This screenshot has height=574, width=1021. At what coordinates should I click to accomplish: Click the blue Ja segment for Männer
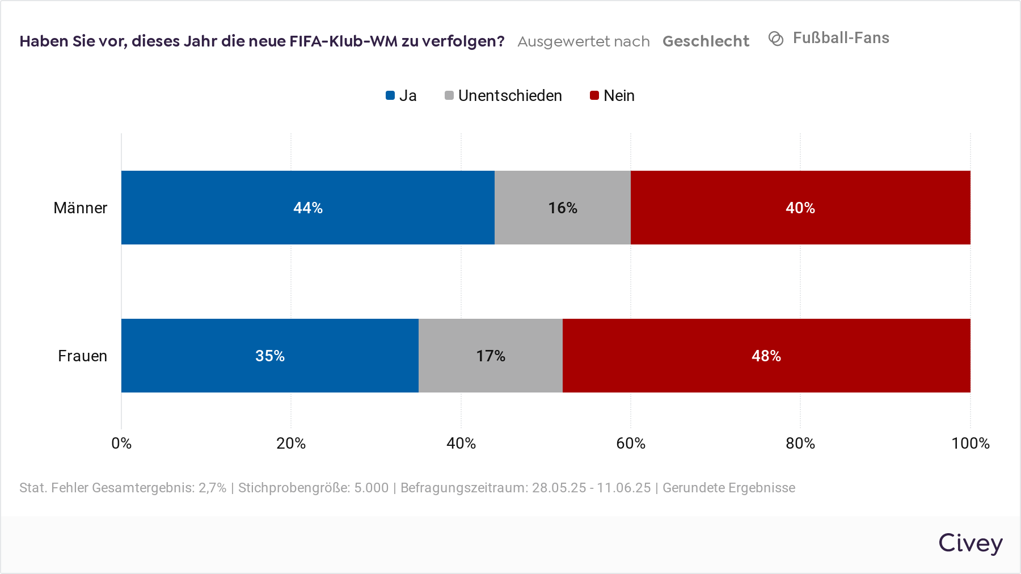(307, 208)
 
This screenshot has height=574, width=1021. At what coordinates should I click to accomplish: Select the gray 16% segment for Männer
(562, 208)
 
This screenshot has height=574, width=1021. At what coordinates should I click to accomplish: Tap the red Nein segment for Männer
(800, 208)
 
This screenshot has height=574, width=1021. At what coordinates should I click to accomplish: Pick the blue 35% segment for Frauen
(269, 356)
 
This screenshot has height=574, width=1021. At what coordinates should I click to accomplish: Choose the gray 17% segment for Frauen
(490, 356)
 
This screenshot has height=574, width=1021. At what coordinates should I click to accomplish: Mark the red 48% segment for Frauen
(766, 356)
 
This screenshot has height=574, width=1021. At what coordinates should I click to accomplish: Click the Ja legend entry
(402, 95)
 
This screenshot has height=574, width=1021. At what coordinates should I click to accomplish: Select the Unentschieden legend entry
(504, 95)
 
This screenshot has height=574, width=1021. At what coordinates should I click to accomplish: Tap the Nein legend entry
(613, 95)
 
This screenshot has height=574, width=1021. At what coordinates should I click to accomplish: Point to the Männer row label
(80, 208)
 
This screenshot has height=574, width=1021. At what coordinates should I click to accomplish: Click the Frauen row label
(82, 356)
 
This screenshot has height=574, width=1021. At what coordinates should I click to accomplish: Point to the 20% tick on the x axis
(291, 443)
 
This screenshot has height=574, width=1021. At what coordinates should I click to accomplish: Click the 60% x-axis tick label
(631, 443)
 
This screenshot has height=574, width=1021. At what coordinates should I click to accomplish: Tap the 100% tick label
(970, 443)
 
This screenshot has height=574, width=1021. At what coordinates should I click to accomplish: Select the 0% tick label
(121, 443)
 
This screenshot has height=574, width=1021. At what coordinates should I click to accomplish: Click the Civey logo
(970, 543)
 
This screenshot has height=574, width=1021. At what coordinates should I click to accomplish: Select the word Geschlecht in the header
(706, 41)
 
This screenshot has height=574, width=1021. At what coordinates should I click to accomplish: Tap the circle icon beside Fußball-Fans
(776, 39)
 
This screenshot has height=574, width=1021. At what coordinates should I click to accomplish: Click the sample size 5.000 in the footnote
(372, 488)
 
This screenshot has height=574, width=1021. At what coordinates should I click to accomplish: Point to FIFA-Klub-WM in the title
(344, 41)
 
